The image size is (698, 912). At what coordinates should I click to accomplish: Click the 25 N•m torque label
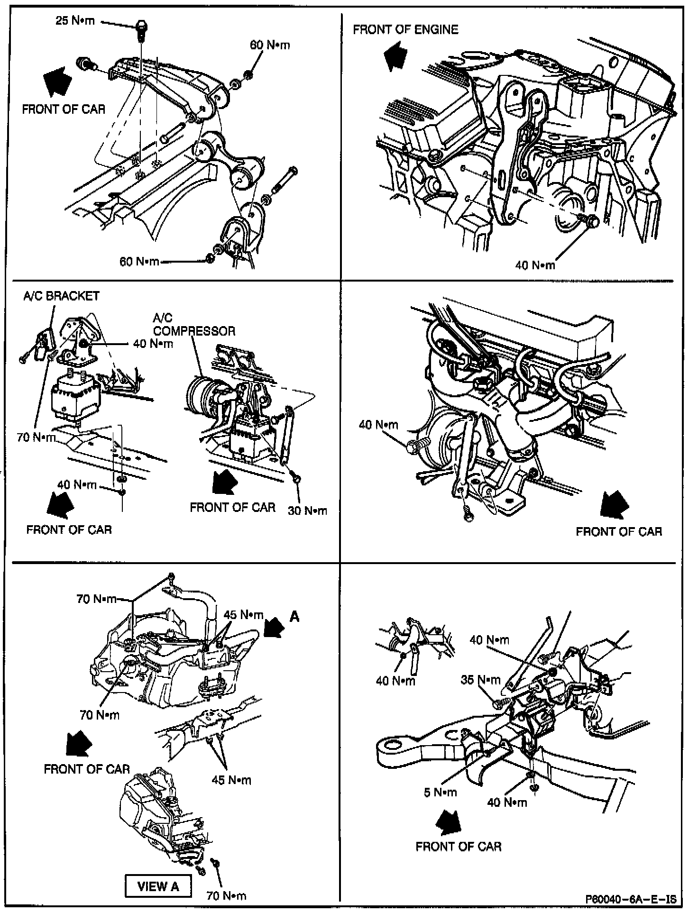pos(75,21)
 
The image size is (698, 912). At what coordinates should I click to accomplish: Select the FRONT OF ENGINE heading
pos(405,30)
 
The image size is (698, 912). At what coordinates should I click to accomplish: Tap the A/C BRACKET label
pos(62,296)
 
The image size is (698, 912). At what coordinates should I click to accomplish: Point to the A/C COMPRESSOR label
pos(194,325)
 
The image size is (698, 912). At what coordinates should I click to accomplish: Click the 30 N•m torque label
pos(307,511)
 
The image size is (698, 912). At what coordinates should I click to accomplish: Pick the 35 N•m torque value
pos(480,680)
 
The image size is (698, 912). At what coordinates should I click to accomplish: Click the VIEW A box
pos(158,886)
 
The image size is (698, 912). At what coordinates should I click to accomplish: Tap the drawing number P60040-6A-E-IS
pos(631,899)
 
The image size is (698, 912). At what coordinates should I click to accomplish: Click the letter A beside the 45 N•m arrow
pos(294,616)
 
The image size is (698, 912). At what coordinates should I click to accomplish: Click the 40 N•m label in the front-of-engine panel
pos(535,265)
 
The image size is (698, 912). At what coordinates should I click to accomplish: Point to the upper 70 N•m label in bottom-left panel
pos(96,599)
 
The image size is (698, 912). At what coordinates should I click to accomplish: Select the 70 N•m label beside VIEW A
pos(226,895)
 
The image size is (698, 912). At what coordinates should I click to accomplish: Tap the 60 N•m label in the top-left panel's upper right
pos(270,45)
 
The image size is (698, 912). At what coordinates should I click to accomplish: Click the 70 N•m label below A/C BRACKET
pos(37,437)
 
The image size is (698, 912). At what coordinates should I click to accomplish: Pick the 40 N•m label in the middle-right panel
pos(378,424)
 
